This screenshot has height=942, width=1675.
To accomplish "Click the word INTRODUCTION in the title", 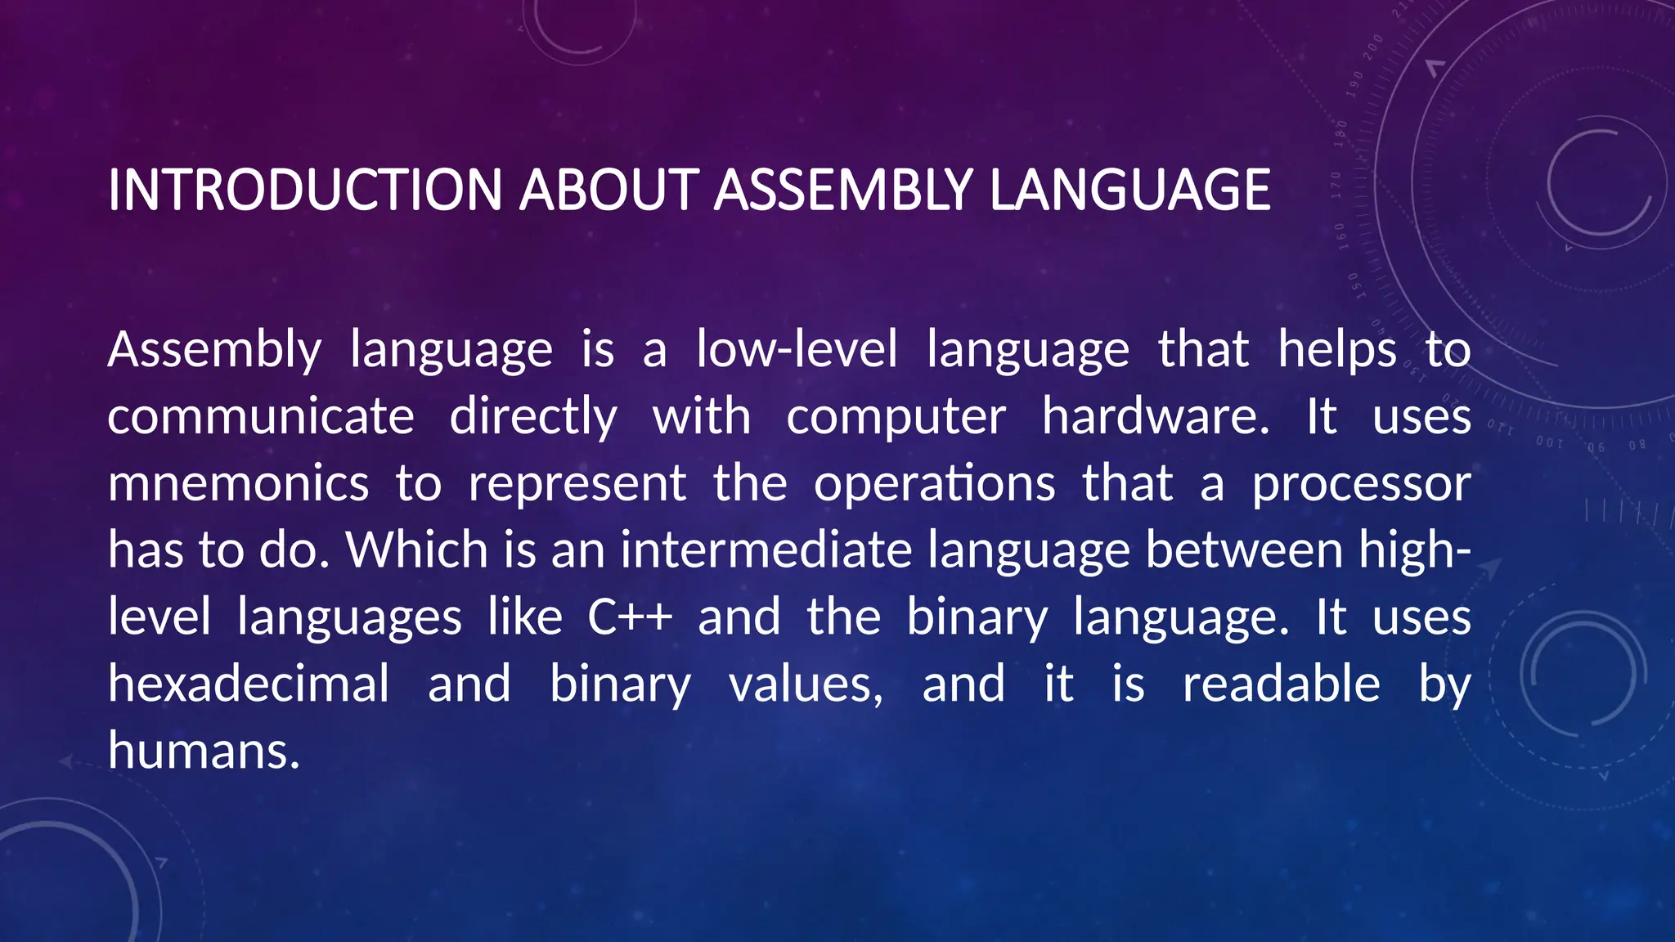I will [304, 190].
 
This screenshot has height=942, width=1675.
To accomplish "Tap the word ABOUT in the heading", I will [609, 190].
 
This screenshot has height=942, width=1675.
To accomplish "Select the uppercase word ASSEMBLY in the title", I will [843, 190].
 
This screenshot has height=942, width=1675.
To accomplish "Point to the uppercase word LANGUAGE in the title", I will [1129, 190].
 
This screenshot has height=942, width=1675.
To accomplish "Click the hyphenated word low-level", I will [797, 349].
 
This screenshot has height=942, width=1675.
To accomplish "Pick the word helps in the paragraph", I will [1337, 349].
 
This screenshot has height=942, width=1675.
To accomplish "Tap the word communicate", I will [261, 416].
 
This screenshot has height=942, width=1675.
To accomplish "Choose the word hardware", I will [1156, 416].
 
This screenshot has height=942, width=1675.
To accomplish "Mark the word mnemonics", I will [238, 483].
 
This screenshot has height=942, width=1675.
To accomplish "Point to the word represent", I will [577, 485].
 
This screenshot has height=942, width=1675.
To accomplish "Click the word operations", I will [934, 483].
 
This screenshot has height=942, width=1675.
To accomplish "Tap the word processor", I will [1362, 485].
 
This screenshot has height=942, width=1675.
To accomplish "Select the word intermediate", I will [766, 549].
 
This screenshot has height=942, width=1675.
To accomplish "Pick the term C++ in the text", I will [630, 617].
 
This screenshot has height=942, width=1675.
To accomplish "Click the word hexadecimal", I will [249, 684].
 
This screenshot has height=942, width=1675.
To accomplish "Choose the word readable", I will [1281, 684].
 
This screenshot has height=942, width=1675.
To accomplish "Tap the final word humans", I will [204, 751].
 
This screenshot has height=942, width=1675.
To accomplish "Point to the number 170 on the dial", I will [1336, 186].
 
